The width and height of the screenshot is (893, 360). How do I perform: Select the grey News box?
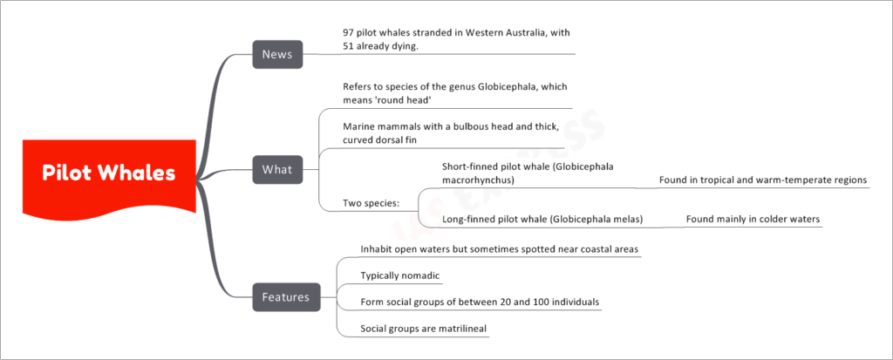277,55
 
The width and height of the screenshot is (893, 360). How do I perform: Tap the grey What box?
277,170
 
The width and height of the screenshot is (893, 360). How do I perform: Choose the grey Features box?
286,297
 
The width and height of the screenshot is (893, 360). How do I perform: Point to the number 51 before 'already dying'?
349,47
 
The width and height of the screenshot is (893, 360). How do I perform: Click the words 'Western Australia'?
495,33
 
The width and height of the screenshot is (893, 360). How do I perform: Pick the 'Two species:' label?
370,203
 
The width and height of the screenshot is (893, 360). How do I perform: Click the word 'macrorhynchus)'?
479,180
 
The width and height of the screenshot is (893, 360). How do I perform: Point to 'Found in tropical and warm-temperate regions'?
763,180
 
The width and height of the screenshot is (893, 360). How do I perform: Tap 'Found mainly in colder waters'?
753,219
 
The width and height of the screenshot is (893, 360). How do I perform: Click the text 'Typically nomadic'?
400,276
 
